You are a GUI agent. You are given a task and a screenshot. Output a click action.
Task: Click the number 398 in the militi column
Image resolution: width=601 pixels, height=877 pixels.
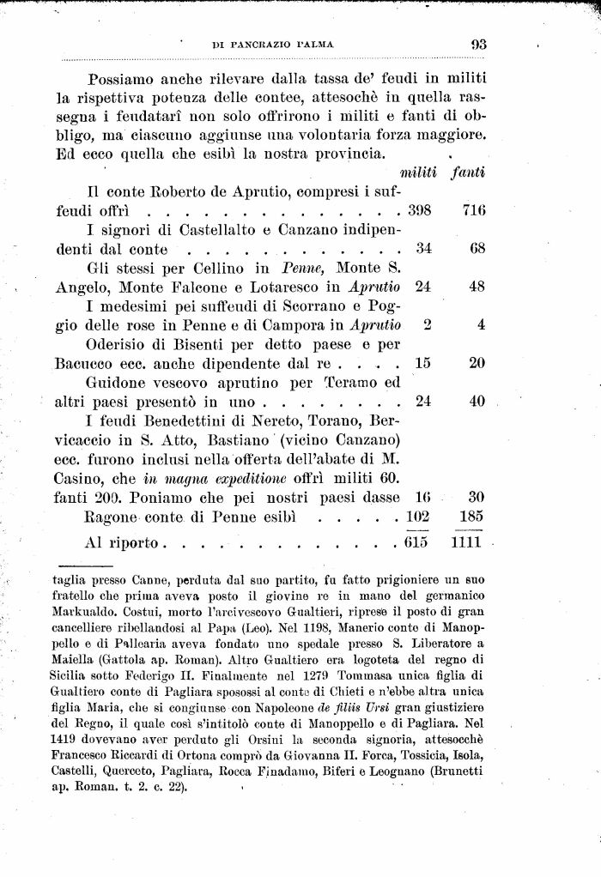click(416, 212)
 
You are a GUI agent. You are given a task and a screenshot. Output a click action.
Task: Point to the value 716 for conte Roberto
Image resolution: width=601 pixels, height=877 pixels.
click(473, 212)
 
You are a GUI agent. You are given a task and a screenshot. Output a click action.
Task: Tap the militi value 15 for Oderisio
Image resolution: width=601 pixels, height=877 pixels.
click(422, 363)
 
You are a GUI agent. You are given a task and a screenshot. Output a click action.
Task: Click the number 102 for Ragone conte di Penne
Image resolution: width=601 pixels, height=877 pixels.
click(416, 517)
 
